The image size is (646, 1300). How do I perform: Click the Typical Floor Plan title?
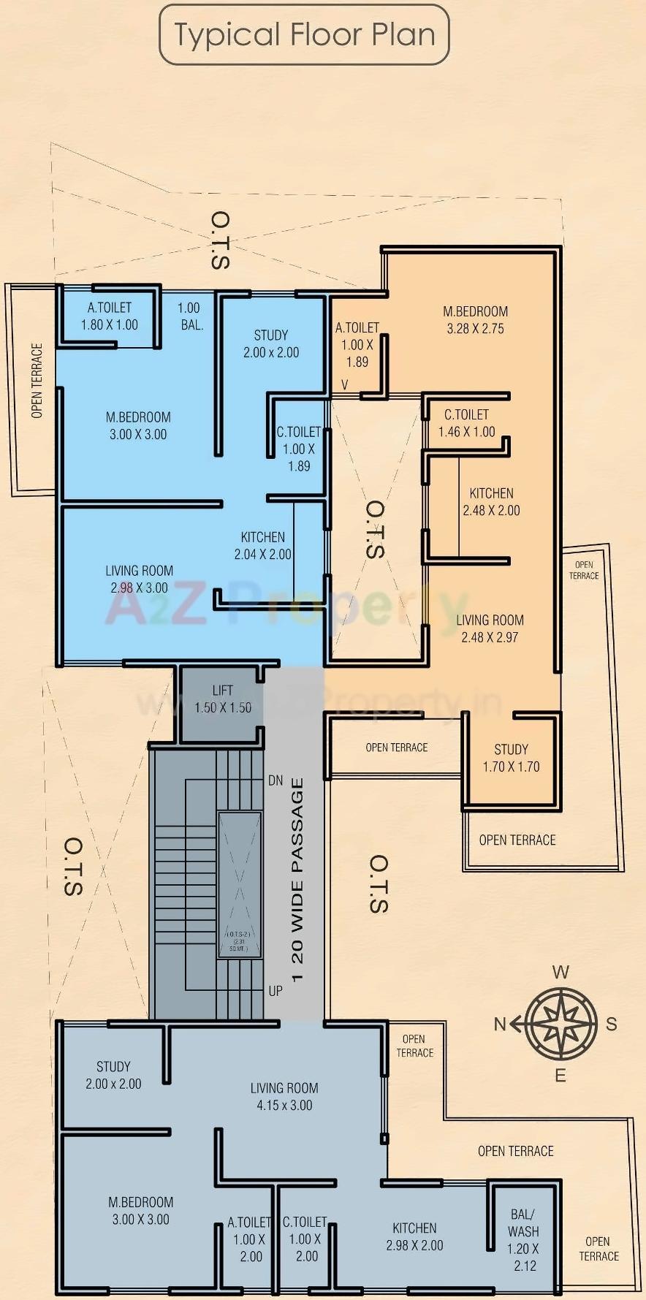[x=304, y=34]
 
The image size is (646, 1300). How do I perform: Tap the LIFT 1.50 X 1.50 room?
[x=222, y=699]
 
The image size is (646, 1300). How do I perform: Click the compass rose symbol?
[x=560, y=1023]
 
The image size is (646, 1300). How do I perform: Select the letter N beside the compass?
[x=500, y=1024]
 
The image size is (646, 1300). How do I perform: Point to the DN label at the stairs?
[x=275, y=780]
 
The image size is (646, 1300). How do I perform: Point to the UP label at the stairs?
[x=275, y=991]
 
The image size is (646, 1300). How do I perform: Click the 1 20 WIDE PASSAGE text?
[x=297, y=880]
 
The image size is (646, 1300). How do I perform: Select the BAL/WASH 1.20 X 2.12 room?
[x=523, y=1239]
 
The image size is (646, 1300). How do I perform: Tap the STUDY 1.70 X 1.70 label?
[x=511, y=758]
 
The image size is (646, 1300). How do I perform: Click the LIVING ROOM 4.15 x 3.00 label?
[x=284, y=1096]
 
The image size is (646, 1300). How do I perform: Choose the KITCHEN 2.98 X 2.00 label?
[x=414, y=1236]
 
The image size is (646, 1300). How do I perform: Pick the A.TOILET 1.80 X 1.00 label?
[x=110, y=316]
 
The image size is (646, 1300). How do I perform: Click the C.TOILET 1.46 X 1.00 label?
[x=466, y=423]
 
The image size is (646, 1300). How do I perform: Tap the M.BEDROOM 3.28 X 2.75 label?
[x=475, y=319]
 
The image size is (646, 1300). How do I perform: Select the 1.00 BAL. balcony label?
[x=189, y=316]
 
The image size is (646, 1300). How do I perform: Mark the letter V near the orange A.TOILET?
[x=345, y=384]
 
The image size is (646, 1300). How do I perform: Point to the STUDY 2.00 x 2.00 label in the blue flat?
[x=271, y=343]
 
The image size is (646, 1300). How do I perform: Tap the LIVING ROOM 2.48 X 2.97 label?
[x=490, y=628]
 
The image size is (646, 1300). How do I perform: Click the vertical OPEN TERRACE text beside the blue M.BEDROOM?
[x=37, y=381]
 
